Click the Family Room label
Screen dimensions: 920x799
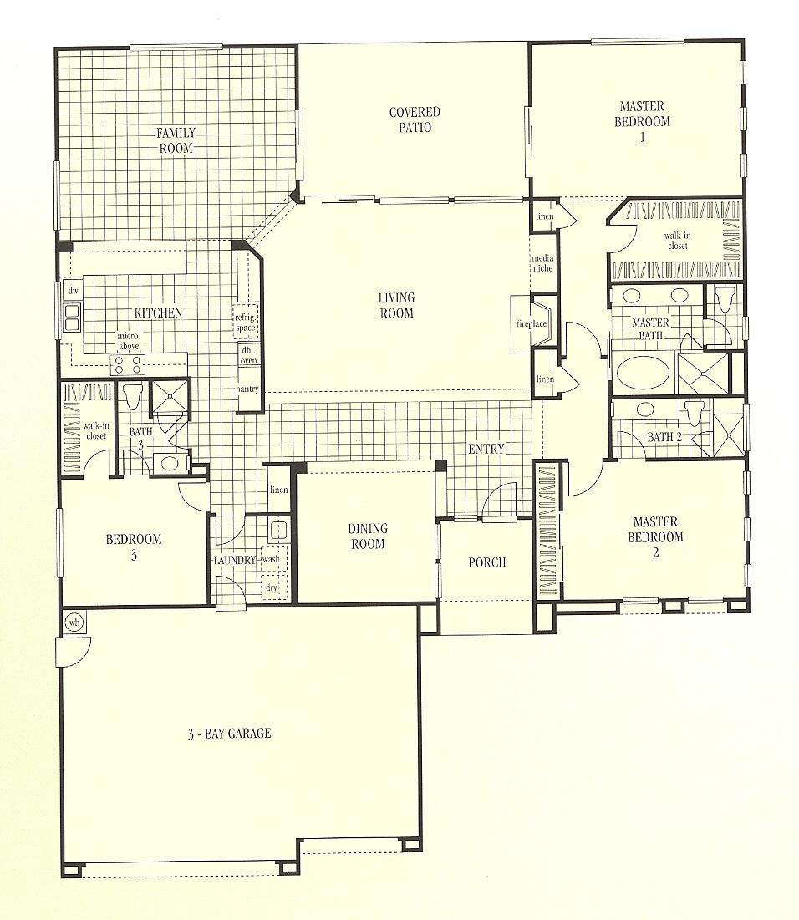[176, 140]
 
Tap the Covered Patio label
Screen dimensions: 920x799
[415, 119]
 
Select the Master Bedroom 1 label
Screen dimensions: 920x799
[642, 121]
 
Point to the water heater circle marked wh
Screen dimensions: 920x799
[74, 623]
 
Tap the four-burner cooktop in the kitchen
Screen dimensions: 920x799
[129, 364]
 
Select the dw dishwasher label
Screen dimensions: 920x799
[73, 290]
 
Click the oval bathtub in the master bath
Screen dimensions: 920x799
[643, 373]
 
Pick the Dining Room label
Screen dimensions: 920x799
[367, 536]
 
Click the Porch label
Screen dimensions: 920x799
[486, 562]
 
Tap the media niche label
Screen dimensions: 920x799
[542, 263]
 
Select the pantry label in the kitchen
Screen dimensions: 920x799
[248, 389]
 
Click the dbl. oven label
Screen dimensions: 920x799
[248, 356]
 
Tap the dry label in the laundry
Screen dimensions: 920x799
[272, 588]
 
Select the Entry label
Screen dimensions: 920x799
[486, 449]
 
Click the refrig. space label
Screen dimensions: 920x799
[246, 322]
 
